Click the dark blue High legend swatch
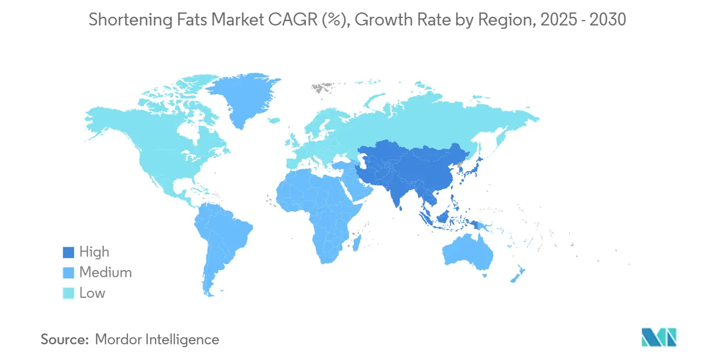68,252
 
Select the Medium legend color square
68,273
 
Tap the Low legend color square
68,293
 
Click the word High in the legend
94,252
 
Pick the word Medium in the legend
106,273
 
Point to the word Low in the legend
92,293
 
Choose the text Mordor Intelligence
157,339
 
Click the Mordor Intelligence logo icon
659,337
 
